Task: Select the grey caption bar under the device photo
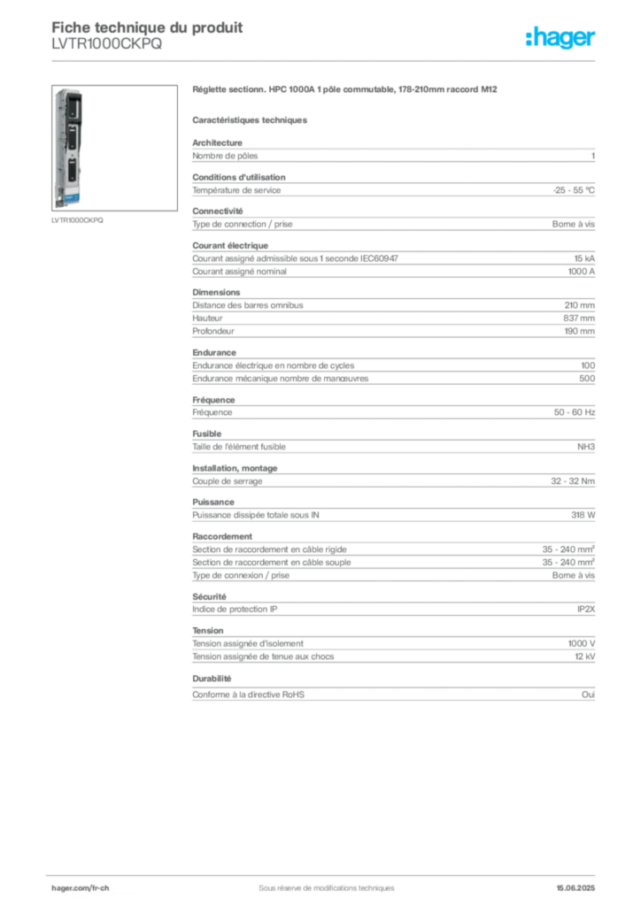pyautogui.click(x=77, y=220)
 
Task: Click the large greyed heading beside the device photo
pyautogui.click(x=346, y=89)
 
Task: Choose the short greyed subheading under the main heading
pyautogui.click(x=251, y=119)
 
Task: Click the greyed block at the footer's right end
pyautogui.click(x=580, y=884)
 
